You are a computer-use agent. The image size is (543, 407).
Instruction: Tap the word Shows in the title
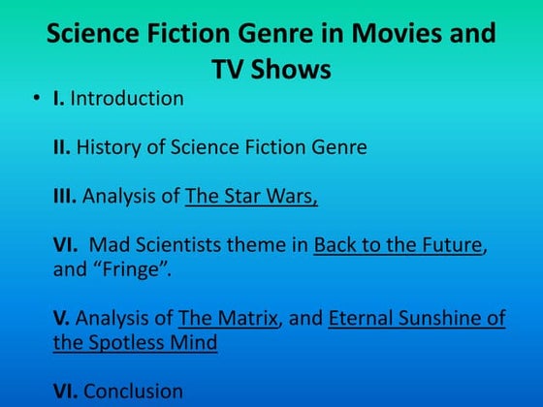point(289,70)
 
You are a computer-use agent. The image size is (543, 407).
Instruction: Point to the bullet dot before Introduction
point(35,99)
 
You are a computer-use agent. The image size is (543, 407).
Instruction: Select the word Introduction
point(127,99)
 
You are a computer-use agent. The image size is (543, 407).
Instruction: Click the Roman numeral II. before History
point(62,148)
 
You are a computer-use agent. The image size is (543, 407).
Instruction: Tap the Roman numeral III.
point(65,197)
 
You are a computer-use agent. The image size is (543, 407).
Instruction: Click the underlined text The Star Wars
point(251,197)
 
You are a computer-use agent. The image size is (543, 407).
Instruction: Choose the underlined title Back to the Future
point(398,245)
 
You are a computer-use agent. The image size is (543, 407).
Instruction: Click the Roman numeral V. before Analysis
point(61,318)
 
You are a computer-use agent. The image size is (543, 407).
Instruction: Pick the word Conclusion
point(133,391)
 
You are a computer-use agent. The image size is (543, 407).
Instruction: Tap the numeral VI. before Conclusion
point(65,391)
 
